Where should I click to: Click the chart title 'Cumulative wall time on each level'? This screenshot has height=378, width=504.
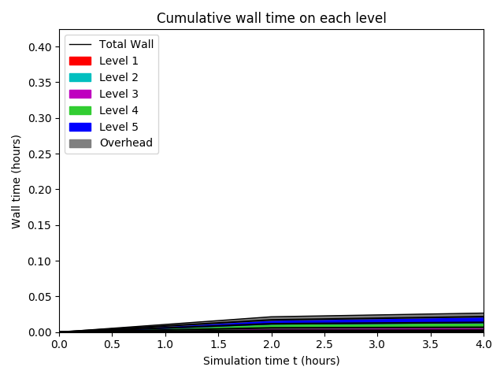271,18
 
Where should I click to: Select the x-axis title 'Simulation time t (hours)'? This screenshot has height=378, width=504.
271,361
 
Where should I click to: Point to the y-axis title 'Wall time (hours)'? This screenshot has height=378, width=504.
16,180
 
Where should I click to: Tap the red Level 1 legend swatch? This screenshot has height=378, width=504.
80,61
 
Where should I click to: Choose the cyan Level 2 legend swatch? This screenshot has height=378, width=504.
80,77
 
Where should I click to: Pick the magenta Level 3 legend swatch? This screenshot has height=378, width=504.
80,94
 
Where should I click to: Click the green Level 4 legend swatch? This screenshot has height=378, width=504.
80,110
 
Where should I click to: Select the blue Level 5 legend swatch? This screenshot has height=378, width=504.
80,127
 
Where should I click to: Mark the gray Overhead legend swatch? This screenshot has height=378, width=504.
80,143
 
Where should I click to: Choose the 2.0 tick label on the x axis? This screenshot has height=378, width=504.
271,344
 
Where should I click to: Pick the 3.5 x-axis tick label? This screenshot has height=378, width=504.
431,344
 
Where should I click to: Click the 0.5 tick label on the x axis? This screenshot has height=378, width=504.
112,344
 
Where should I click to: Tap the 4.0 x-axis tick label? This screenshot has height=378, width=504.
484,344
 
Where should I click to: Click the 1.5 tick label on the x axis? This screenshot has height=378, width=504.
218,344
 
